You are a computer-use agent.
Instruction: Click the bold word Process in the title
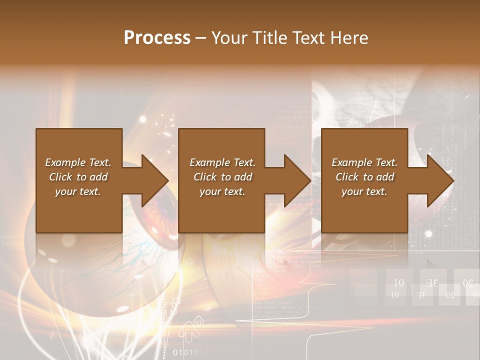157,38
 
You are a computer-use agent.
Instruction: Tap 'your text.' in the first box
78,191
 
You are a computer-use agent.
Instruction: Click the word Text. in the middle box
244,162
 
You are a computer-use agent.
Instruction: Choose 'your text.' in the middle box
222,191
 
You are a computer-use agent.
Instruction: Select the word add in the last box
385,177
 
